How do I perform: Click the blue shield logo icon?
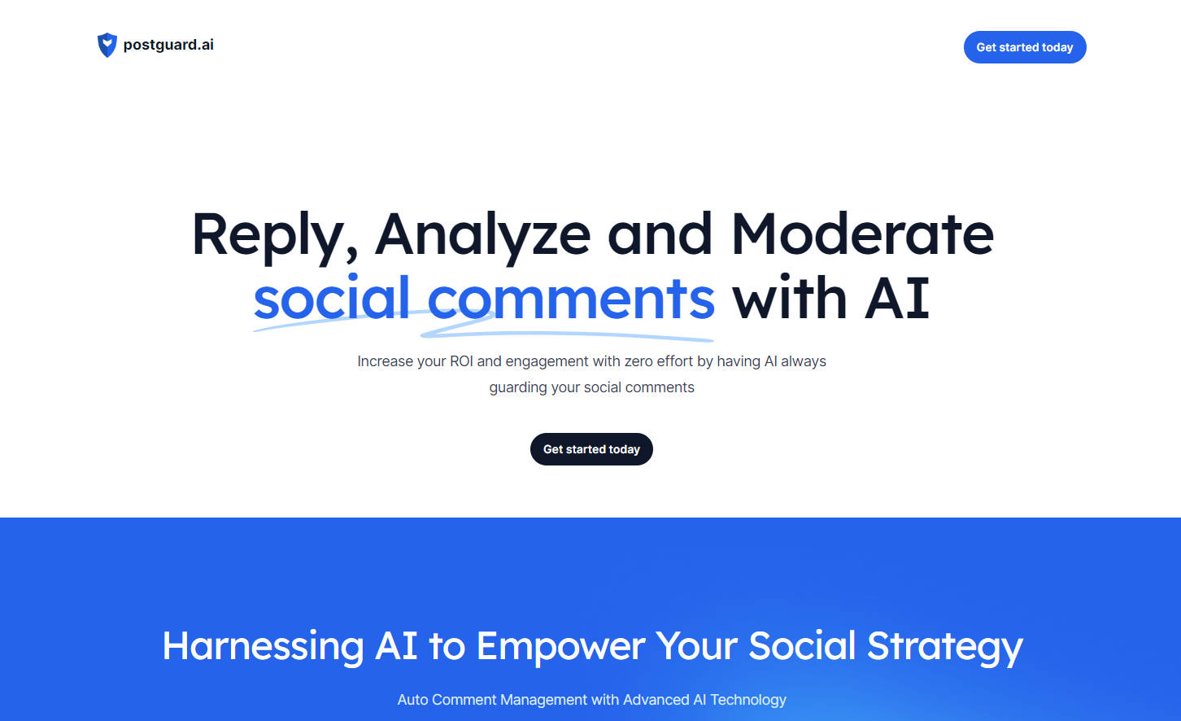pos(107,45)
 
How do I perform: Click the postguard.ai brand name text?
pos(168,45)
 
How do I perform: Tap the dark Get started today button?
pos(591,449)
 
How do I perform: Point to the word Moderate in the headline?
pos(862,234)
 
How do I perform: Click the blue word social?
pos(332,297)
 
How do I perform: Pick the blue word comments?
pos(571,299)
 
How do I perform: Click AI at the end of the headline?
pos(897,299)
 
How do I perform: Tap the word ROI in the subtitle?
pos(461,361)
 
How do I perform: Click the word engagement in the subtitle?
pos(547,362)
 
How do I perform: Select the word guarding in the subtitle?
pos(518,388)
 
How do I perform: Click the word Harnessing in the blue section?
pos(263,647)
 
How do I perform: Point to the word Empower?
pos(560,648)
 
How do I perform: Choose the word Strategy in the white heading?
pos(945,648)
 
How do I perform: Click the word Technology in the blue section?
pos(748,701)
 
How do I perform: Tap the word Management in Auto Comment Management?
pos(543,701)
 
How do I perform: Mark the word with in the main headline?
pos(789,297)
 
